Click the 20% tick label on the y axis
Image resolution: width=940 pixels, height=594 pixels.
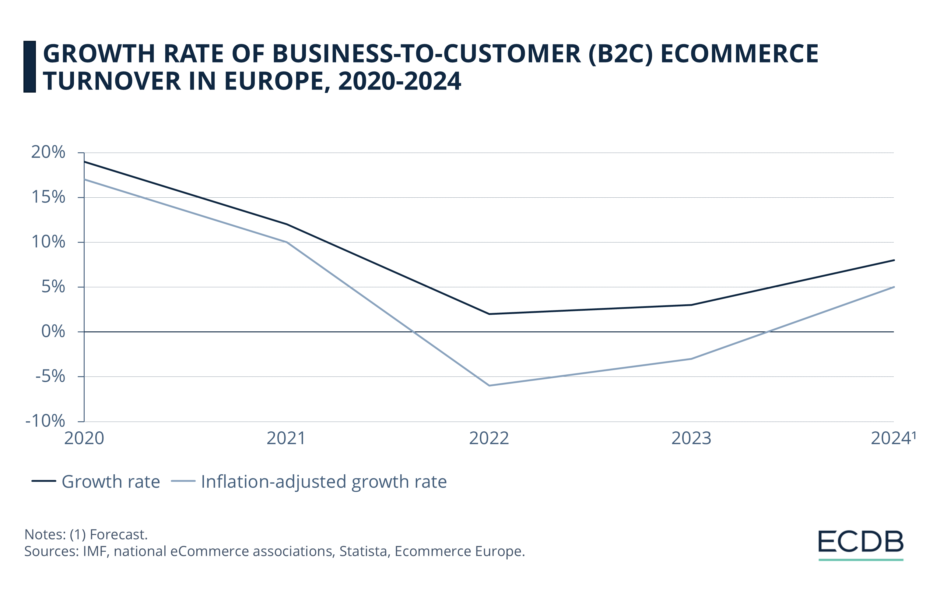48,152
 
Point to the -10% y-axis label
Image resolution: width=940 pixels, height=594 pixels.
45,421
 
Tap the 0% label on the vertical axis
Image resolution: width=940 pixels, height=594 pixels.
53,331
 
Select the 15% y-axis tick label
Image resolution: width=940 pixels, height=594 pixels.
48,197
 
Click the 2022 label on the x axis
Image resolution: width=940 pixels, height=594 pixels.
489,439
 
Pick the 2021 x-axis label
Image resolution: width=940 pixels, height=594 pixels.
286,439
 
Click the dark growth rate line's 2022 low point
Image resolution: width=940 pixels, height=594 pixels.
489,314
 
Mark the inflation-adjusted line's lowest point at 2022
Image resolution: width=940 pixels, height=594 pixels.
489,385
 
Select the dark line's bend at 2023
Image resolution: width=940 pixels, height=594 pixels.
691,305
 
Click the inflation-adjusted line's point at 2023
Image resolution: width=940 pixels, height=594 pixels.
691,359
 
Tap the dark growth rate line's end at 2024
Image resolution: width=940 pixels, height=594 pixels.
893,260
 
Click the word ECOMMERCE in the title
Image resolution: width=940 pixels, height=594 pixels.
739,54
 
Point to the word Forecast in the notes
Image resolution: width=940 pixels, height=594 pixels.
118,534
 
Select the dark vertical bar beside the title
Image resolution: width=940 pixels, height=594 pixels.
30,67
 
